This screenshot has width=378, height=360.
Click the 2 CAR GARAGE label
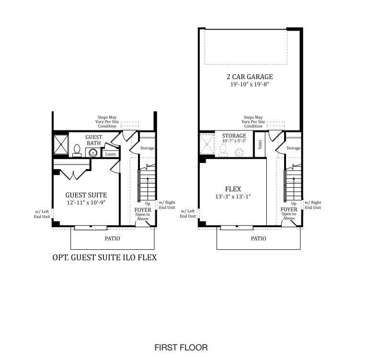pos(250,77)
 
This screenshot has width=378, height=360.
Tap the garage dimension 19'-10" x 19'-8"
pos(250,84)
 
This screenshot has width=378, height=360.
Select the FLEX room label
pos(233,188)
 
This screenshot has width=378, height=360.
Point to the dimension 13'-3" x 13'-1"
pos(233,196)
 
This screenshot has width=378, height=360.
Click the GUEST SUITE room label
pos(86,195)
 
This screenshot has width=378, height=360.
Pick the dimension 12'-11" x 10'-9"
pos(86,203)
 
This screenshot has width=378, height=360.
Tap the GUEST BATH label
pos(93,140)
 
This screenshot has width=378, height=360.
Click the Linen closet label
pos(110,154)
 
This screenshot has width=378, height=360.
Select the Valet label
pos(260,144)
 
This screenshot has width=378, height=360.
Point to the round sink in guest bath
pos(93,153)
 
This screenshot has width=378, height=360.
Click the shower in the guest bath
pos(61,144)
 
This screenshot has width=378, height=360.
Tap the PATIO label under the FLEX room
pos(258,238)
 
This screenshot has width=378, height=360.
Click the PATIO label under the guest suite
pos(113,238)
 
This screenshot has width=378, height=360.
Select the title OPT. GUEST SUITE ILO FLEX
pos(104,258)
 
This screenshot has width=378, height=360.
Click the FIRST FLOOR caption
pos(181,347)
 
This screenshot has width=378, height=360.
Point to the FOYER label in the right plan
pos(289,209)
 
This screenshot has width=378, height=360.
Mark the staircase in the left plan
pos(148,185)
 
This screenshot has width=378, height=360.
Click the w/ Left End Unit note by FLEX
pos(187,213)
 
